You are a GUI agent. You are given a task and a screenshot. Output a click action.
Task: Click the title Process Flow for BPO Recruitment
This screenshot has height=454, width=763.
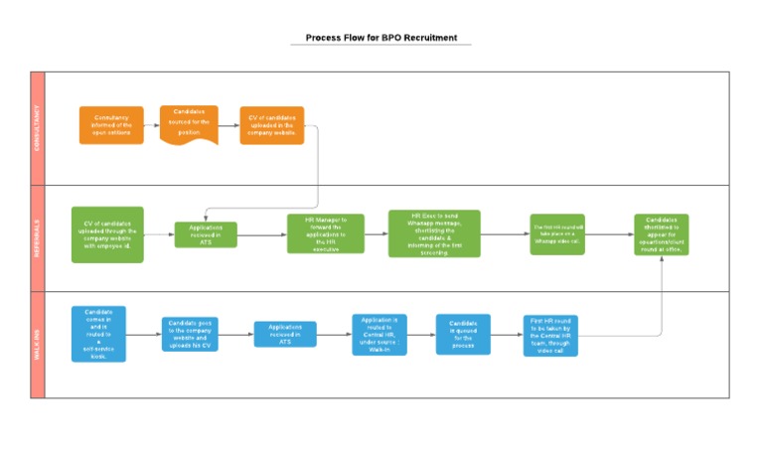click(x=381, y=38)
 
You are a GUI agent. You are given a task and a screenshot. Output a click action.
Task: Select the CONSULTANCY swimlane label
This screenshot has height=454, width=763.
click(x=39, y=128)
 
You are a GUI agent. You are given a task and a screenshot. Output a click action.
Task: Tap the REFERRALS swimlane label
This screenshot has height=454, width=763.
click(x=39, y=238)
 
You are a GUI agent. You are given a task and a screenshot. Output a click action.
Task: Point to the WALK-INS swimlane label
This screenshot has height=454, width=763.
click(x=39, y=345)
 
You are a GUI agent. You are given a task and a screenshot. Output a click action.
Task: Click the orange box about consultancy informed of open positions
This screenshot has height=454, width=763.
click(x=111, y=125)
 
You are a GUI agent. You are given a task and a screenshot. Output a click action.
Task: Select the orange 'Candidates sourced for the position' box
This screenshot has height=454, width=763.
click(x=189, y=124)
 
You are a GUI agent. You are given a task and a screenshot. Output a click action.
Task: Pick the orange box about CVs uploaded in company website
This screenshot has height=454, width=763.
click(x=271, y=125)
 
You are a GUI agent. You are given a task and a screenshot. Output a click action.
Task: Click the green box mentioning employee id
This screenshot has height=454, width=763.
click(x=107, y=234)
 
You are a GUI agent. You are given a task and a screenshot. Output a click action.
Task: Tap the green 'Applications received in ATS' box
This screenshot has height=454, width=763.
click(x=206, y=234)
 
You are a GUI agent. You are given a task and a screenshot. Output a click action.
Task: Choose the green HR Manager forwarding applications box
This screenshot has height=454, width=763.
click(x=326, y=234)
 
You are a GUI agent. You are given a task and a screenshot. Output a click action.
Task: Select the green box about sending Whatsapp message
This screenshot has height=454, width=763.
click(x=433, y=233)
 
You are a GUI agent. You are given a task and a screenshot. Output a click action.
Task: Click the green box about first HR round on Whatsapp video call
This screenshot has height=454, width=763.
click(x=557, y=234)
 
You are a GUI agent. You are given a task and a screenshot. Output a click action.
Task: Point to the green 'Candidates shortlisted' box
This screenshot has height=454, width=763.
click(x=661, y=234)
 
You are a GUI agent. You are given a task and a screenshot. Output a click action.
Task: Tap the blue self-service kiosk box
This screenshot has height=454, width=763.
click(x=98, y=334)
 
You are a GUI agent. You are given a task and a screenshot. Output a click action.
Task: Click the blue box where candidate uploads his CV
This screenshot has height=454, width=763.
click(x=190, y=335)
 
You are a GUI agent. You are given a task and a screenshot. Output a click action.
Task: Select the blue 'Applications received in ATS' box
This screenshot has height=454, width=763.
click(x=285, y=334)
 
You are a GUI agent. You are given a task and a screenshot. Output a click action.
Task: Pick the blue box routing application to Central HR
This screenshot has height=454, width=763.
click(x=380, y=335)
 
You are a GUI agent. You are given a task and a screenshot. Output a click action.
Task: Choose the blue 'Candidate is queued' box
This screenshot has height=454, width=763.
click(x=463, y=335)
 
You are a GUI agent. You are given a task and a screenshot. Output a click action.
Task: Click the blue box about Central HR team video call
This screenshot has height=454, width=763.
click(x=551, y=336)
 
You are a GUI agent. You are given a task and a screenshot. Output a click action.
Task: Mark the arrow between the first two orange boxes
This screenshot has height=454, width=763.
click(x=152, y=125)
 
